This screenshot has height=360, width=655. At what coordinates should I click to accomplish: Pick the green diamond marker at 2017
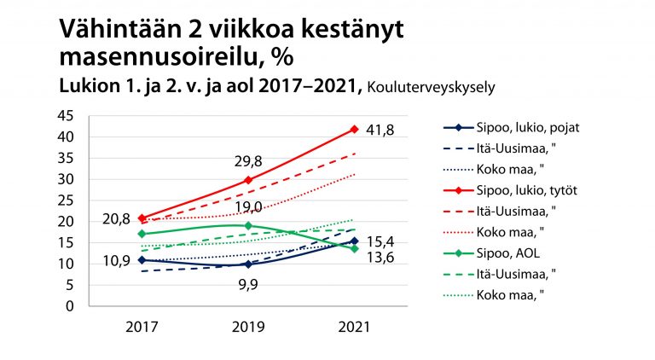tap(142, 234)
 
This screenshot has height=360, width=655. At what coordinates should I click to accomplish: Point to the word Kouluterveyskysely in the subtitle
tap(428, 86)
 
